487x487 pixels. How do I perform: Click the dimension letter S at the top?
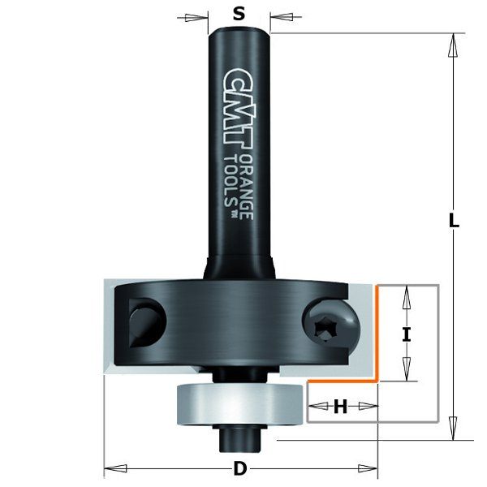[x=238, y=13]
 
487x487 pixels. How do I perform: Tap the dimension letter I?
[x=407, y=333]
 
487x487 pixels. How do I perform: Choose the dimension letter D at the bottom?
[x=239, y=468]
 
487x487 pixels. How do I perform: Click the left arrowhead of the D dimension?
[x=112, y=468]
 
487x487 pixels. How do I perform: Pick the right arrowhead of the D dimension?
[x=369, y=468]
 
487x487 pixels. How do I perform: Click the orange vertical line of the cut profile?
[x=376, y=333]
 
